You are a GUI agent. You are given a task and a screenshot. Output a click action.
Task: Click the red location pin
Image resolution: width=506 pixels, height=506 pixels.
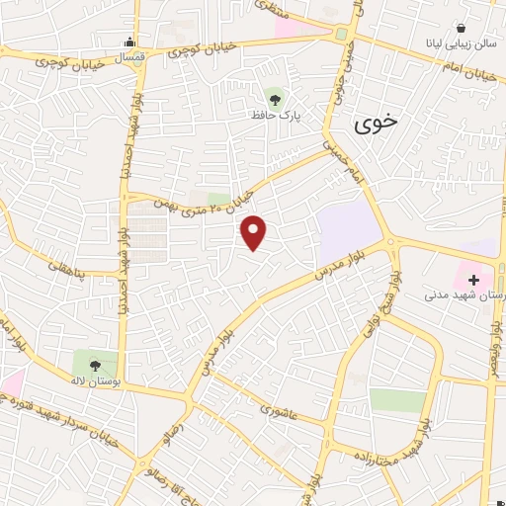[x=254, y=232]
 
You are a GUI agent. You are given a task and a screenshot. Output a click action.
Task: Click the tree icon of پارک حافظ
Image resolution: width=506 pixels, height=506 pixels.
[x=275, y=97]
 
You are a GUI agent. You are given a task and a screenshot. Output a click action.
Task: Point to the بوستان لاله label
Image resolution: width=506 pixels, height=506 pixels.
[x=93, y=381]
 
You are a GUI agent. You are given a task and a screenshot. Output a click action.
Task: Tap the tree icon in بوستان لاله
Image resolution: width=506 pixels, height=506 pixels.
[x=95, y=365]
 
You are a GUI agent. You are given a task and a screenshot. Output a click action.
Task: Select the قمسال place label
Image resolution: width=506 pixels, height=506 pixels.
[x=128, y=57]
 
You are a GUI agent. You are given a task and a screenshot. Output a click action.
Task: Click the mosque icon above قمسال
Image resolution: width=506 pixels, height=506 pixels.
[x=129, y=42]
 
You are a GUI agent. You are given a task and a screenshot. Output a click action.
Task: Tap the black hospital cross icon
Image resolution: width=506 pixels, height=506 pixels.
[x=473, y=282]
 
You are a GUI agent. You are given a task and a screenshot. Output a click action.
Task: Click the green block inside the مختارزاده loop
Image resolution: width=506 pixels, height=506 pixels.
[x=397, y=400]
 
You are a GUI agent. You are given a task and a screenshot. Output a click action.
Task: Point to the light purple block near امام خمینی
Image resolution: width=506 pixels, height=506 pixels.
[x=348, y=225]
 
